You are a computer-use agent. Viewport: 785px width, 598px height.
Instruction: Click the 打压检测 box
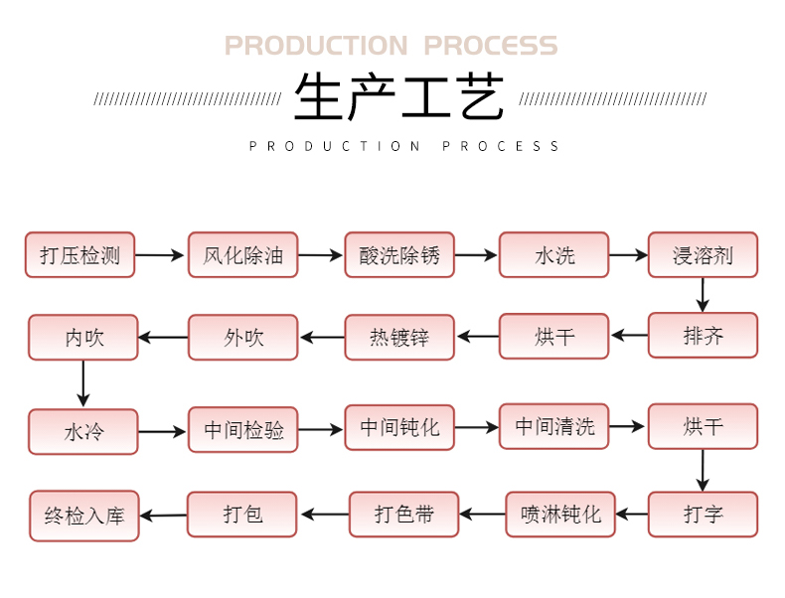click(x=79, y=255)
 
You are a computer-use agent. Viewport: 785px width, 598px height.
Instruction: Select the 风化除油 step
click(x=242, y=255)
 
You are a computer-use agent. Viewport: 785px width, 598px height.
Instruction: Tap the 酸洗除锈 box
click(x=399, y=255)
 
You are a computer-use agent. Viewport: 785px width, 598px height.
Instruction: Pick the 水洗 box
click(x=553, y=255)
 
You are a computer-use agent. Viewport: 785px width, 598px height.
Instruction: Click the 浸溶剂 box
click(x=703, y=255)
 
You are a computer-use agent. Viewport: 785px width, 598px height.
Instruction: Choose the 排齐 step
click(x=703, y=336)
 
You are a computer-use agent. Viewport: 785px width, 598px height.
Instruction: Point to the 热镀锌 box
click(x=399, y=337)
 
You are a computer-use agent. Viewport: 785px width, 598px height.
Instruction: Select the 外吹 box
click(x=242, y=337)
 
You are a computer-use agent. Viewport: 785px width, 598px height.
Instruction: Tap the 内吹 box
click(x=82, y=337)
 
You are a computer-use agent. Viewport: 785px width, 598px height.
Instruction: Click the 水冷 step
click(x=82, y=432)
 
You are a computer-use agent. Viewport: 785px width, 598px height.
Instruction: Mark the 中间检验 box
click(x=242, y=430)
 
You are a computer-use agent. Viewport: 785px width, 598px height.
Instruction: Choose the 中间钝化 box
click(x=399, y=428)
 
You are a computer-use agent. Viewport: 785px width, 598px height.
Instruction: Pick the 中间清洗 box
click(x=553, y=426)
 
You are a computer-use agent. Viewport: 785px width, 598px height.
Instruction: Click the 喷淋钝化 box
click(x=560, y=515)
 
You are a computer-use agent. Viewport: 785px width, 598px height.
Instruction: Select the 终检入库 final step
click(x=83, y=516)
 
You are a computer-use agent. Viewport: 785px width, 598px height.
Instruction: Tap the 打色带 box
click(x=403, y=515)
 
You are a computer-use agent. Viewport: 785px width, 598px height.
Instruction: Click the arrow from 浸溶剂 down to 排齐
click(x=703, y=295)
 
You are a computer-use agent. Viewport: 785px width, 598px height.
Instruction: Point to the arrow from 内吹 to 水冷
click(x=82, y=383)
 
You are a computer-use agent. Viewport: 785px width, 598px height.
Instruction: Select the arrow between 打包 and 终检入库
click(x=163, y=515)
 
